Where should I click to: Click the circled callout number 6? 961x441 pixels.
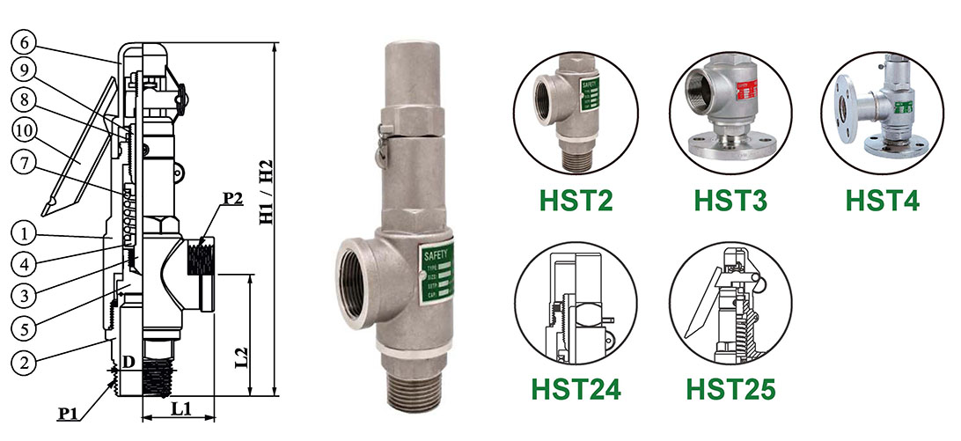(x=24, y=42)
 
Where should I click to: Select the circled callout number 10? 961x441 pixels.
(x=24, y=130)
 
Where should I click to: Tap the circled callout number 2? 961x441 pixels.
(x=24, y=361)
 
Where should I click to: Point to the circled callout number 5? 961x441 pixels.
(x=24, y=327)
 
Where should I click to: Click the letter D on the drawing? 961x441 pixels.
(x=128, y=361)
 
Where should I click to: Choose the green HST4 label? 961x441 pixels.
(x=882, y=200)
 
